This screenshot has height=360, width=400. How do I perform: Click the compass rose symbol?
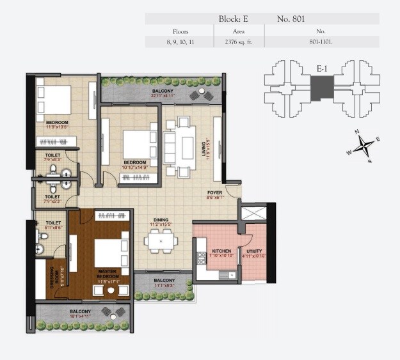click(x=362, y=146)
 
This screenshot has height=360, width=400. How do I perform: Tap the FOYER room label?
click(x=214, y=193)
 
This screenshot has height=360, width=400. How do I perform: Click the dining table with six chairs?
click(x=160, y=240)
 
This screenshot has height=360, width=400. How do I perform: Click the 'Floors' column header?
click(x=180, y=31)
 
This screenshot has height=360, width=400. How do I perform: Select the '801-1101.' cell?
click(x=321, y=42)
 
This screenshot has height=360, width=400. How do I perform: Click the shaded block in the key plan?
click(x=323, y=88)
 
